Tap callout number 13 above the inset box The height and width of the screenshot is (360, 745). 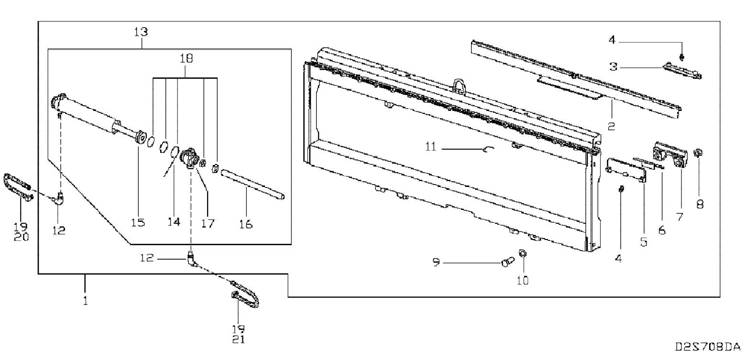pos(141,33)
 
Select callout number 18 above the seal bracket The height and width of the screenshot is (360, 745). pos(186,59)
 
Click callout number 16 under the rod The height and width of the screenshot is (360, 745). pos(246,224)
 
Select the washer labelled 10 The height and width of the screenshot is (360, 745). pos(523,253)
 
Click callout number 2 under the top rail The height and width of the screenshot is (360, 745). pos(611,126)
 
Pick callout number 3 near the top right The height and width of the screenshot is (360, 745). pos(613,67)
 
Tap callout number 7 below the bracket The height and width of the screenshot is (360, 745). pos(679,217)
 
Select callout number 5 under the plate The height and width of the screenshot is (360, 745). pos(644,242)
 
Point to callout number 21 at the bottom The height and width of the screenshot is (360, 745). pos(239,339)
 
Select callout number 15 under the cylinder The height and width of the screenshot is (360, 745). pos(138,223)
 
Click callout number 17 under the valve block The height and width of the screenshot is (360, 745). pos(208,223)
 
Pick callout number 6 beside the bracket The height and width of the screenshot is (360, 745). pos(662,230)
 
